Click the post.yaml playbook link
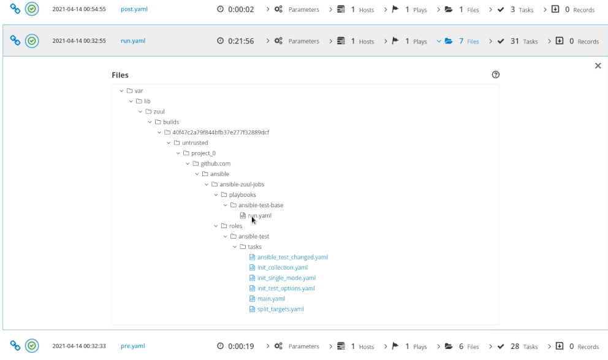134,9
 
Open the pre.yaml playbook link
132,346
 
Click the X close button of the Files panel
598,66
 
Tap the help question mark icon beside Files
496,74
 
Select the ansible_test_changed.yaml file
292,257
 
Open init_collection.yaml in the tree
283,267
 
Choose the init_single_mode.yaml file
286,278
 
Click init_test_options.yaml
286,288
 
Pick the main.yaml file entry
271,299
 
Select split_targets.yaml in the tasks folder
280,309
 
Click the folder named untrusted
195,143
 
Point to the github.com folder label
215,164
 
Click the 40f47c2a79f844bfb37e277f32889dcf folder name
221,132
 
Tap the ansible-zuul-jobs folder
241,184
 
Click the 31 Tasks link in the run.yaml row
524,41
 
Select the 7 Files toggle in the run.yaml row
468,41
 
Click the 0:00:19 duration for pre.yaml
241,346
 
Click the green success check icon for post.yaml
32,9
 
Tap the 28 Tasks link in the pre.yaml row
524,347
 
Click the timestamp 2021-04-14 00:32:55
79,40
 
